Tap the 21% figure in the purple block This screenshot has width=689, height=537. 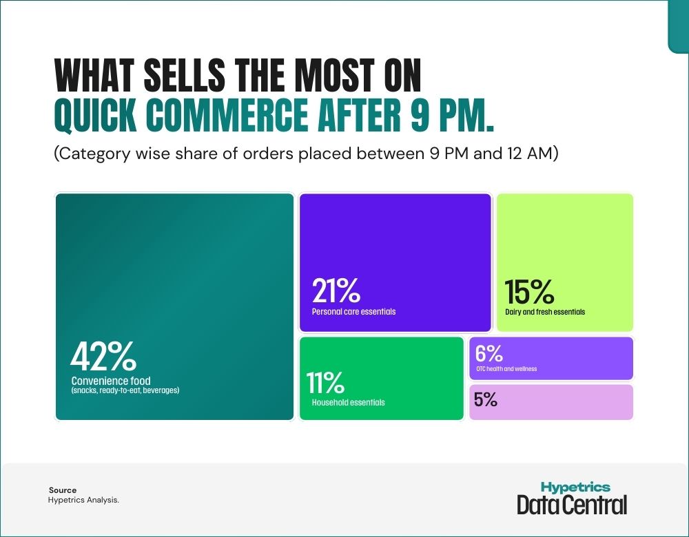click(336, 291)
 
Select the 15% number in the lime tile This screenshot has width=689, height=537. click(529, 292)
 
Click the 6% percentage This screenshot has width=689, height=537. click(489, 353)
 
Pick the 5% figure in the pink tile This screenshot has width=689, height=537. click(486, 399)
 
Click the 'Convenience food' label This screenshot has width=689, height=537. click(110, 381)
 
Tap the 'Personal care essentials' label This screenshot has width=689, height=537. click(353, 312)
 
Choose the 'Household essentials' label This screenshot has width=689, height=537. click(348, 403)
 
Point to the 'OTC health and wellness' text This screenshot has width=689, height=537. click(506, 369)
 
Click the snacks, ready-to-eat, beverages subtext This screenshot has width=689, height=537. click(125, 390)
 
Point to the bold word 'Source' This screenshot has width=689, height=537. click(63, 490)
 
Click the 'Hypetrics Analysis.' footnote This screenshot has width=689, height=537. click(83, 501)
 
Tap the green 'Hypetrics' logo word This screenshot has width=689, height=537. click(575, 487)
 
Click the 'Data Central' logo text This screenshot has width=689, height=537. click(572, 505)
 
